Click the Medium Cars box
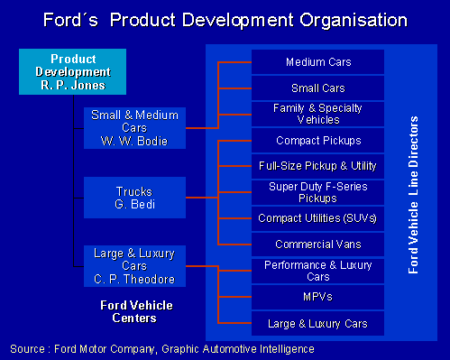click(x=317, y=62)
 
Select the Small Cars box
click(x=317, y=88)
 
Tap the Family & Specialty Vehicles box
click(x=317, y=114)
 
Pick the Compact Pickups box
click(x=317, y=141)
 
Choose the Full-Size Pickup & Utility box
click(x=317, y=167)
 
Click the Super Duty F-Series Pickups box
click(x=317, y=192)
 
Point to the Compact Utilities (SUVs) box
click(x=317, y=218)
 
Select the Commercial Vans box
click(x=317, y=245)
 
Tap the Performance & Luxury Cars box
click(x=317, y=271)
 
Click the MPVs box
click(x=317, y=296)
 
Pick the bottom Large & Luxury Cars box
click(x=317, y=323)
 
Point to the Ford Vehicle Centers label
click(x=135, y=311)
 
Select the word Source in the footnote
click(x=28, y=347)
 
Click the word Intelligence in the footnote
click(x=282, y=347)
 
